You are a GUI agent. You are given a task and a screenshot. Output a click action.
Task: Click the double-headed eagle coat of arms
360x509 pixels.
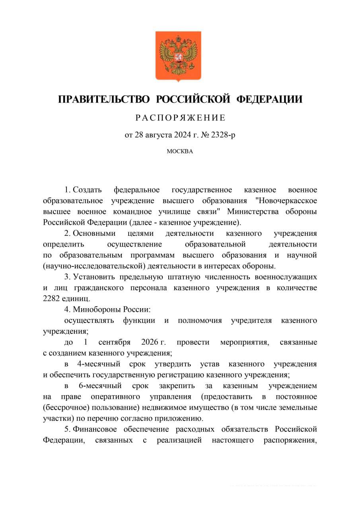point(178,55)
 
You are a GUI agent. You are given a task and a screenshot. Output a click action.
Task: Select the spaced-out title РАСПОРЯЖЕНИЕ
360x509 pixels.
point(180,118)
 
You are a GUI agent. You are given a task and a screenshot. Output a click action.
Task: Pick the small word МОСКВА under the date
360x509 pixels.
point(180,152)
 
